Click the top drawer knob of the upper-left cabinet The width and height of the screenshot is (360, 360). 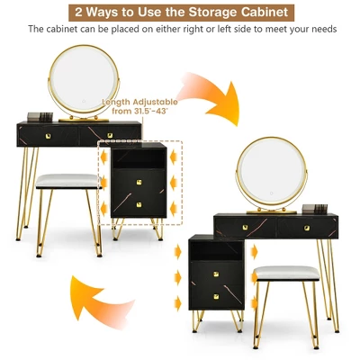click(139, 183)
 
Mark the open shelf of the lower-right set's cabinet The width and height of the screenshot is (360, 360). click(214, 248)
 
